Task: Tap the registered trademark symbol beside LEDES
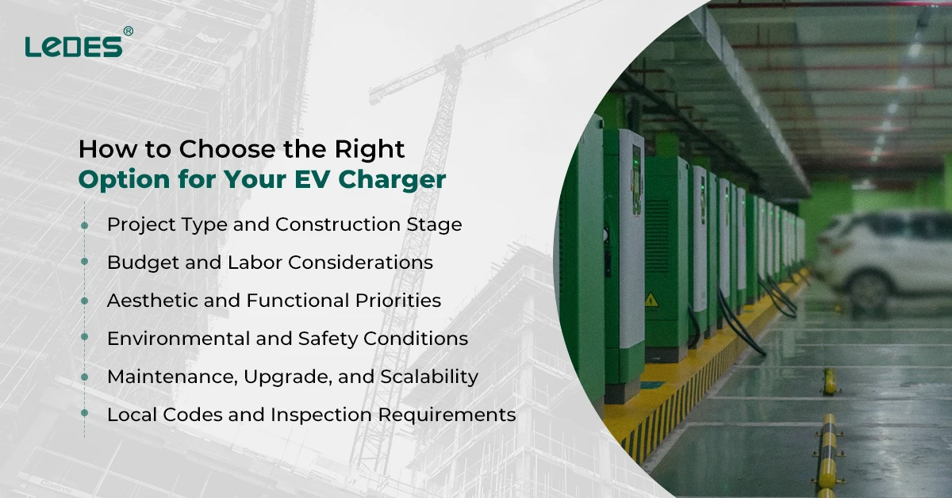pos(128,31)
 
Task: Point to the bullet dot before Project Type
pos(84,225)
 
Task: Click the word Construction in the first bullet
pos(336,224)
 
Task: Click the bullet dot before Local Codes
pos(84,415)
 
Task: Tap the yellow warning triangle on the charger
pos(651,299)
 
